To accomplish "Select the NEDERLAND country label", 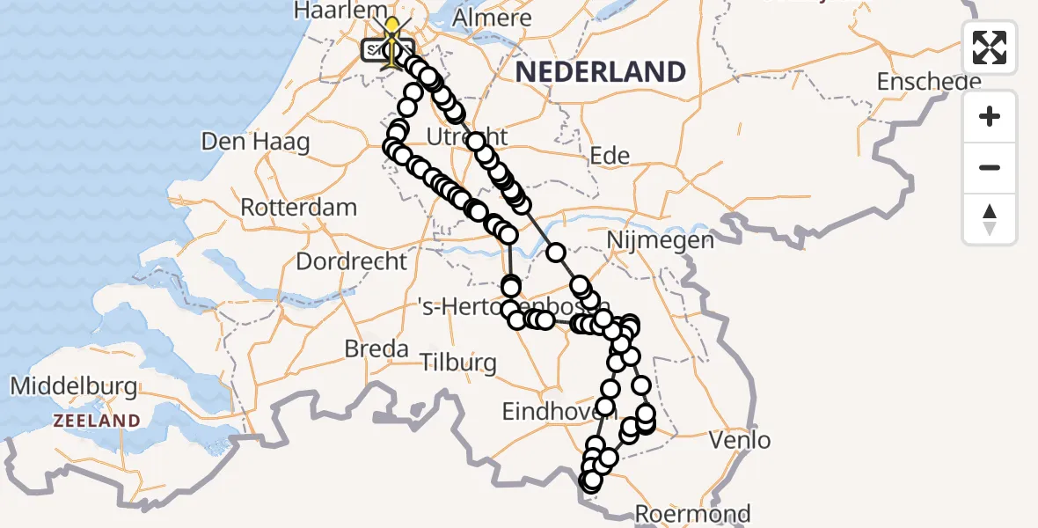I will tap(600, 72).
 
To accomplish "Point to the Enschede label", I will tap(928, 82).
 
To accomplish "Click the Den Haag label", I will tap(255, 142).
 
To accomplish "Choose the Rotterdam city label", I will tap(299, 209).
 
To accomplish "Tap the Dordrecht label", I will tap(352, 261).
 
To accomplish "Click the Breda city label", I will tap(376, 348).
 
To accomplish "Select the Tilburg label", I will tap(457, 362).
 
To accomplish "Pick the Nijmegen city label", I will tap(660, 239).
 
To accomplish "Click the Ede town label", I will tap(610, 157).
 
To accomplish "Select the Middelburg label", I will tap(73, 386).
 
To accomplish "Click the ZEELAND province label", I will tap(96, 421).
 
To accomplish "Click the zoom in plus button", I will tap(990, 116).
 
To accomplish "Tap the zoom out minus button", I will tap(990, 167).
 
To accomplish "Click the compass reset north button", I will tap(990, 218).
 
